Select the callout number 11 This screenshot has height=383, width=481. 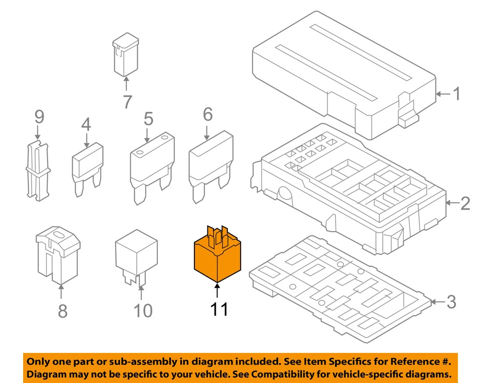tap(218, 309)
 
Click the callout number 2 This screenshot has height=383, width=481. tap(465, 203)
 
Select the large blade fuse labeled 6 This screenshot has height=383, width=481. tap(210, 165)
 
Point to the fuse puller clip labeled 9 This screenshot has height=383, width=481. tap(38, 170)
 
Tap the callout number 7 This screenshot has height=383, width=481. tap(127, 102)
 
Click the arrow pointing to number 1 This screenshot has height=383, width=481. tap(443, 93)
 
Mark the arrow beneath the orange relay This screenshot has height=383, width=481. tap(217, 291)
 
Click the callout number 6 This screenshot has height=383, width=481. tap(207, 115)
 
